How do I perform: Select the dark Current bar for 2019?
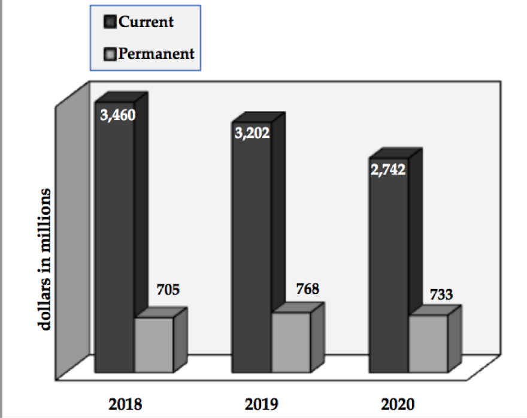252,252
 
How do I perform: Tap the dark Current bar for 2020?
387,270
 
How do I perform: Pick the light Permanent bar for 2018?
154,344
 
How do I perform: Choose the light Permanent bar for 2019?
291,342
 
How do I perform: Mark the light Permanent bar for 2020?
428,342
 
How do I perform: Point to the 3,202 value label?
252,132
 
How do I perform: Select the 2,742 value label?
387,169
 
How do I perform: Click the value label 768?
307,288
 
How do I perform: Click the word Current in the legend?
146,22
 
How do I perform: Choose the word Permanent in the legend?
156,53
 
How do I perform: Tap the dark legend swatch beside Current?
111,23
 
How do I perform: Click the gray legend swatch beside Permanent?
111,54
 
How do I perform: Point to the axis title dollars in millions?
46,258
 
